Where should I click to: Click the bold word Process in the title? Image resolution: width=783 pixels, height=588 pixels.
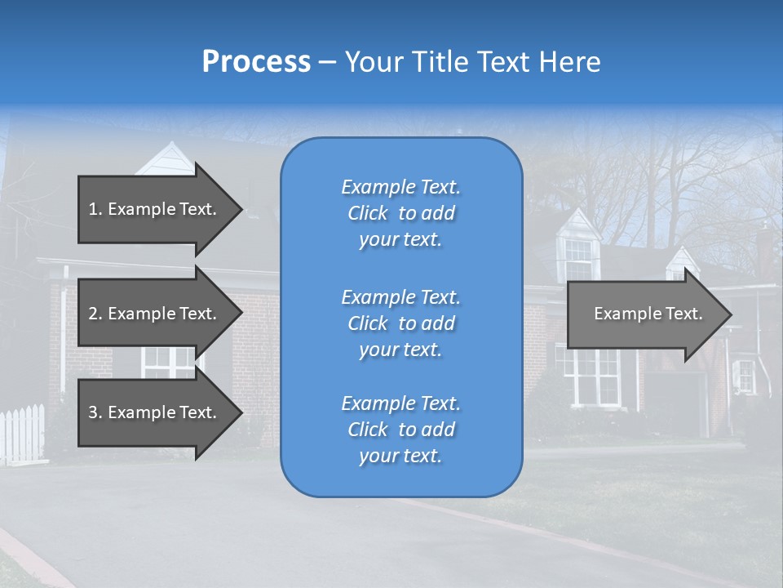coord(256,62)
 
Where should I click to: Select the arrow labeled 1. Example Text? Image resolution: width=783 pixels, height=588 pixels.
coord(153,209)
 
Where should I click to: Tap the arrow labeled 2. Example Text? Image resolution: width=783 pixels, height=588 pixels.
coord(153,314)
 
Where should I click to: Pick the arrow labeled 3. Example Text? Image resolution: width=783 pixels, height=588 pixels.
coord(153,412)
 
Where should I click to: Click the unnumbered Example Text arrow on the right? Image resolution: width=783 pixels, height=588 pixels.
coord(648,314)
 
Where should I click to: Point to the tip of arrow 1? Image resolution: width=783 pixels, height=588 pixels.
coord(241,209)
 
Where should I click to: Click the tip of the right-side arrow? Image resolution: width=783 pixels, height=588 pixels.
coord(730,314)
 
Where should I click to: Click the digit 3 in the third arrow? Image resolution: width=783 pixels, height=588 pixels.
coord(92,412)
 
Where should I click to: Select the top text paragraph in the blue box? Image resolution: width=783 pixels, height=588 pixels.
coord(400,213)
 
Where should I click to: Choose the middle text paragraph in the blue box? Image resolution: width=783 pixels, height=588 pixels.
coord(400,323)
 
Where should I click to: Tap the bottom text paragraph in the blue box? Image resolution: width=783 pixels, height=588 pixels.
coord(400,430)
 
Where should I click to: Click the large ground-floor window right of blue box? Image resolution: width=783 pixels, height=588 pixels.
coord(596,376)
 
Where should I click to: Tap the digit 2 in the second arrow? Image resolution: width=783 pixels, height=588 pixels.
coord(92,314)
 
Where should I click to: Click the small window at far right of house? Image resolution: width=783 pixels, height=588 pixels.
coord(744,375)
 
